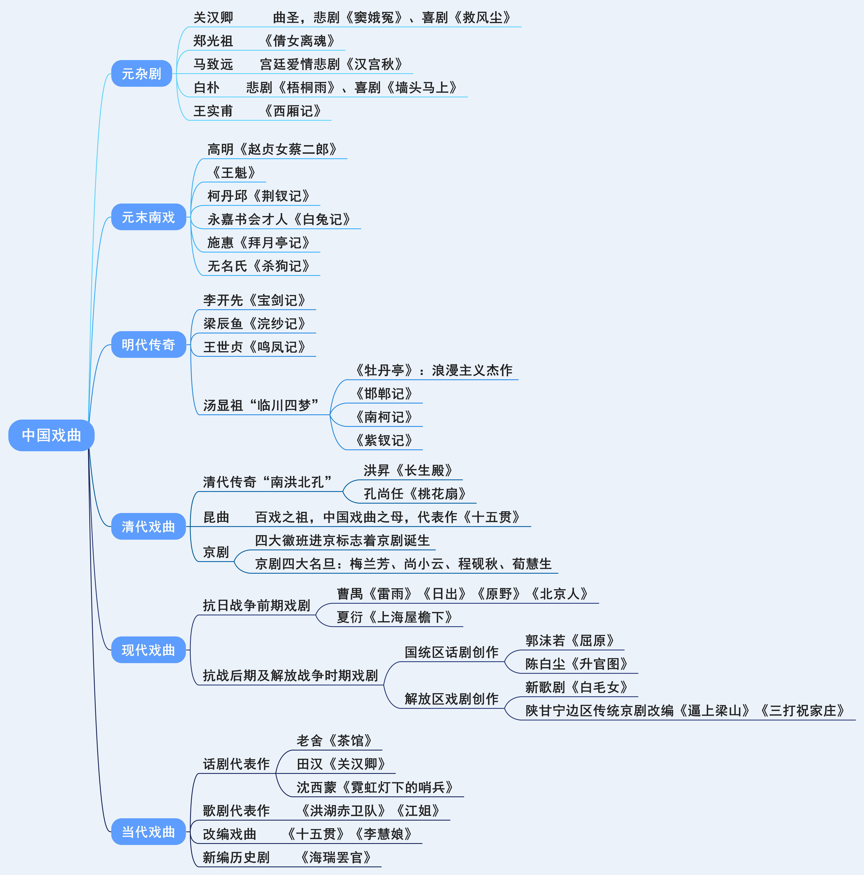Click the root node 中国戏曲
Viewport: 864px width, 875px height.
tap(51, 435)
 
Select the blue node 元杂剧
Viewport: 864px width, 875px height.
tap(141, 73)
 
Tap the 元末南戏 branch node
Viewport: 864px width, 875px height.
tap(148, 217)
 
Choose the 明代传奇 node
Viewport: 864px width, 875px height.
tap(148, 345)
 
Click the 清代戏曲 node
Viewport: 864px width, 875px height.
tap(148, 526)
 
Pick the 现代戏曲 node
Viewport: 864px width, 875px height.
tap(148, 650)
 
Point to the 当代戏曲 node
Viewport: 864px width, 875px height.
tap(148, 832)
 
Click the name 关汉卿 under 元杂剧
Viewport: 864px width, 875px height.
tap(213, 18)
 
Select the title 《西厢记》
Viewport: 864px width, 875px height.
tap(292, 111)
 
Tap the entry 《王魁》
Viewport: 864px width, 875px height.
tap(234, 172)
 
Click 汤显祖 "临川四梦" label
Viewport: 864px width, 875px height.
tap(261, 405)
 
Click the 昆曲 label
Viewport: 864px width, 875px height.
tap(216, 517)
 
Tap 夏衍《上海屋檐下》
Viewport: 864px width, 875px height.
tap(395, 617)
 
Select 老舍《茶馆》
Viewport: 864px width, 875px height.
tap(334, 740)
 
